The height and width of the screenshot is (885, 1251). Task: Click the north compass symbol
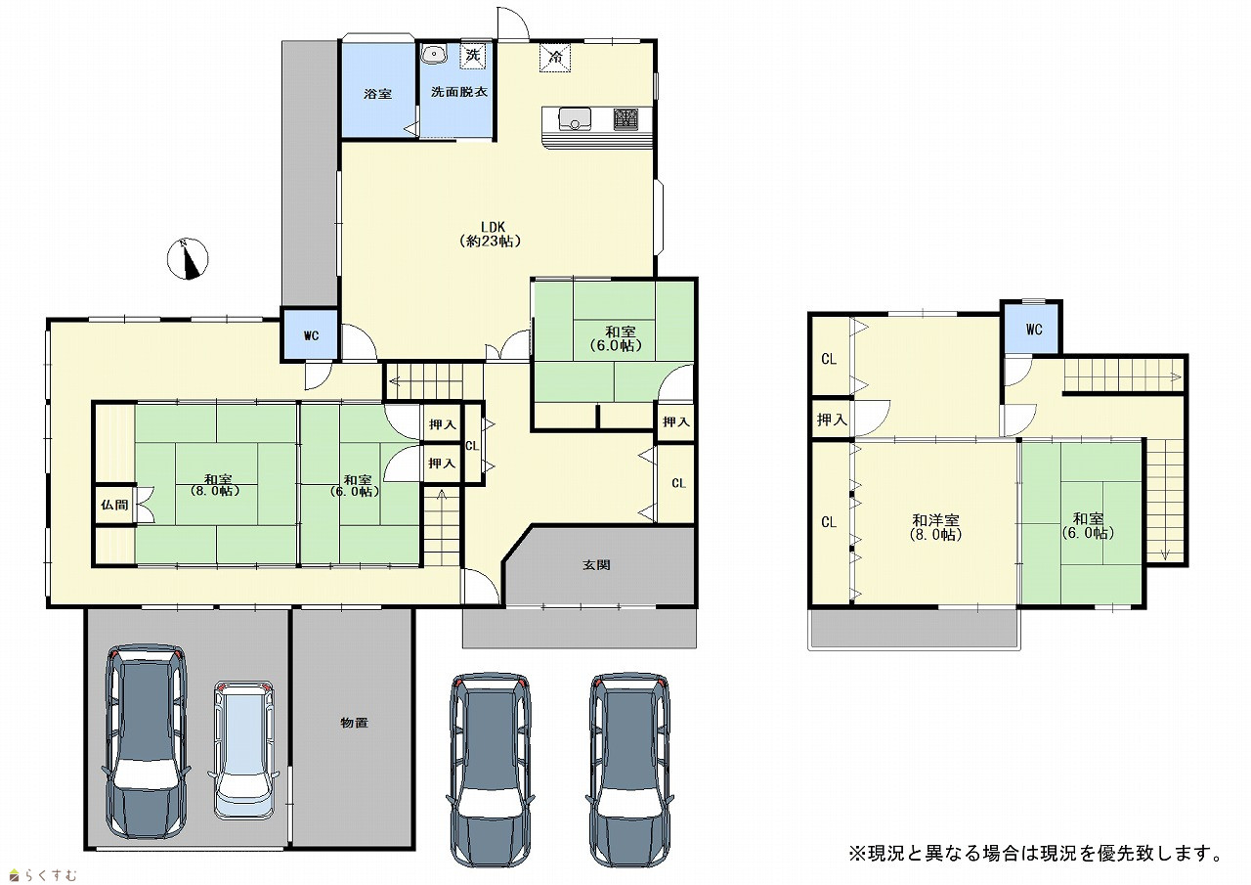click(188, 259)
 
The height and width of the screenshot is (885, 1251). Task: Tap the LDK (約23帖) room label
click(491, 234)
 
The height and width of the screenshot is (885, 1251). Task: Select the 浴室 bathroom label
click(377, 94)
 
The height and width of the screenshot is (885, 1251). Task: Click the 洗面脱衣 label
click(459, 92)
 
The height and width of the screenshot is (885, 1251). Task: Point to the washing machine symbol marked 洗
click(473, 56)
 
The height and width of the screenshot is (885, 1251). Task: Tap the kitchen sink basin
click(575, 119)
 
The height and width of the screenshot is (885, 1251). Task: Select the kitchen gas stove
click(626, 119)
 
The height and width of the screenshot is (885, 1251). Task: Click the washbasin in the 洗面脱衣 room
click(433, 55)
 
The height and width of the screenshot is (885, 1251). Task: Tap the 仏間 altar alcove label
click(114, 505)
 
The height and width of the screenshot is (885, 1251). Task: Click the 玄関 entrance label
click(596, 565)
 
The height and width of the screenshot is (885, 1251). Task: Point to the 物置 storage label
click(354, 723)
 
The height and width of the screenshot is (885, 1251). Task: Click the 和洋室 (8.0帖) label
click(935, 527)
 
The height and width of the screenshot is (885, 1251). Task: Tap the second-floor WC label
click(1034, 330)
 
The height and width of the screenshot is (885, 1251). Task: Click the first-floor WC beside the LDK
click(311, 335)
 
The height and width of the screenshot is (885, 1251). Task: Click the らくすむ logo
click(43, 875)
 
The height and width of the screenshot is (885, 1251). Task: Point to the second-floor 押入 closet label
click(832, 420)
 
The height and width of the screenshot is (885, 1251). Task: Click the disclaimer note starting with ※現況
click(1037, 853)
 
